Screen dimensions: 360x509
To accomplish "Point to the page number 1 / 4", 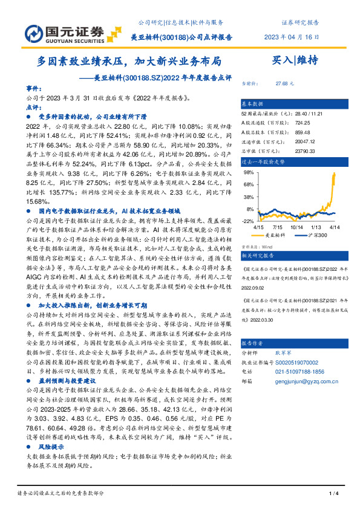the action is click(332, 494).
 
